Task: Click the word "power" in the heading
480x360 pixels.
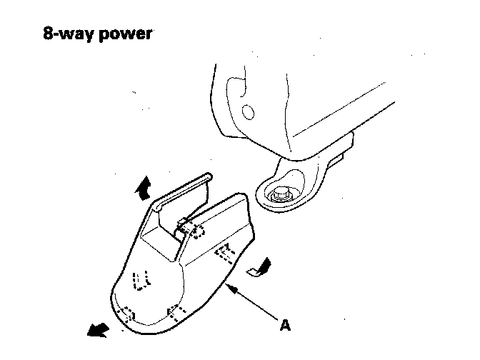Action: (x=128, y=34)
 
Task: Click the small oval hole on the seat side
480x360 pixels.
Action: (x=248, y=113)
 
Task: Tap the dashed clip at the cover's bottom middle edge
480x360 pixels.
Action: (x=176, y=310)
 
